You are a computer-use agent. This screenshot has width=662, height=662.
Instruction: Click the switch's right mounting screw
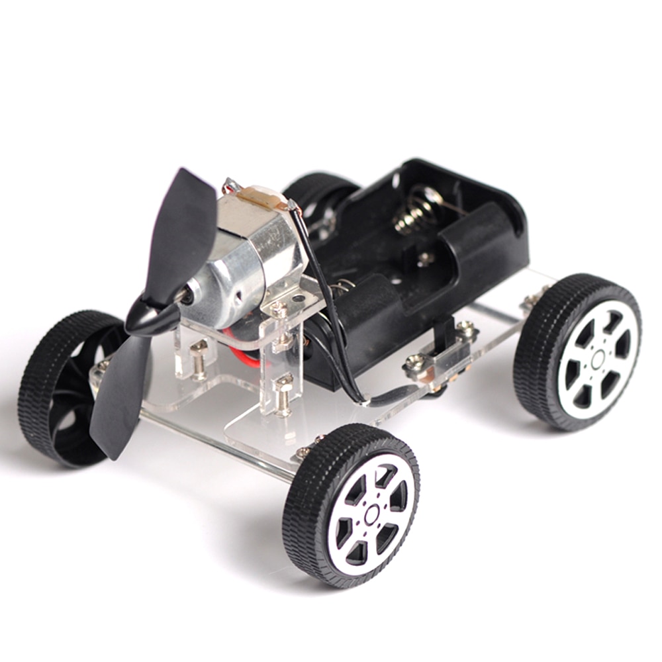(x=467, y=328)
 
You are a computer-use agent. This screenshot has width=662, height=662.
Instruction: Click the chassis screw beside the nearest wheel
(x=304, y=451)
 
